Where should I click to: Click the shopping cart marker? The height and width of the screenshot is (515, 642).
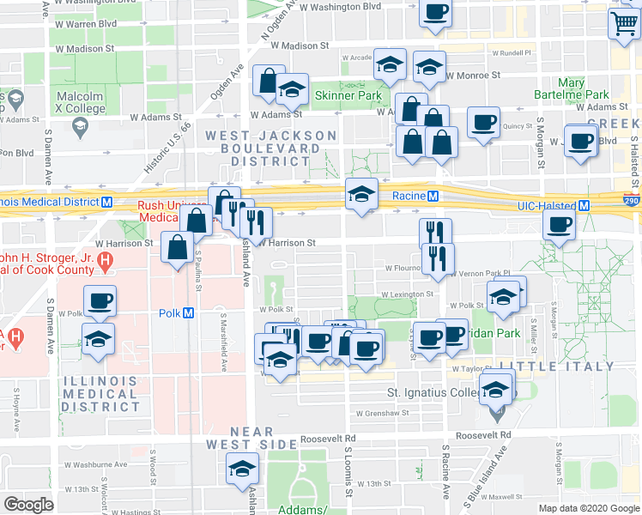point(622,23)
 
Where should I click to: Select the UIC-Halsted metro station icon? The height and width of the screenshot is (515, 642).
point(584,206)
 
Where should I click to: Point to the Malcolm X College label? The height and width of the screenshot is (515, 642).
point(80,101)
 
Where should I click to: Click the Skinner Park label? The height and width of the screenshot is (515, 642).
point(348,95)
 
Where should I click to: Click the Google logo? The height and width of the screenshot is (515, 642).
point(28,504)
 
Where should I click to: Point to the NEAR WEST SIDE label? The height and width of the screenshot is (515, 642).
point(251,438)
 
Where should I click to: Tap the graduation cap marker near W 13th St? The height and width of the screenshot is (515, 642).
point(242,469)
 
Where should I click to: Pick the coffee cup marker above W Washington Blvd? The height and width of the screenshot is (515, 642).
point(435,13)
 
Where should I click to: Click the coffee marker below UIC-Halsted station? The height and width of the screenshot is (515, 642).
point(560,226)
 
